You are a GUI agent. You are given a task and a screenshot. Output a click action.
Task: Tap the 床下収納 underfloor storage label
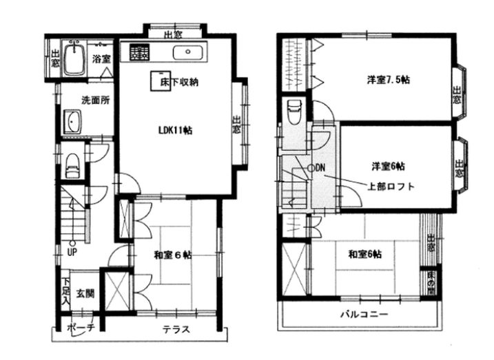point(180,82)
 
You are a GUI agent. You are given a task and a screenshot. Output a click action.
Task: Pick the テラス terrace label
point(176,329)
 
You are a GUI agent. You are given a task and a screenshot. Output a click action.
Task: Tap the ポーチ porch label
point(81,329)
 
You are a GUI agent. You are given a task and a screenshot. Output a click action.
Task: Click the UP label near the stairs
point(72,251)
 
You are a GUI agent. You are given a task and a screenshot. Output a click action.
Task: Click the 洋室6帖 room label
point(389,166)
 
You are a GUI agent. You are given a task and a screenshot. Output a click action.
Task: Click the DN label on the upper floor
point(320,168)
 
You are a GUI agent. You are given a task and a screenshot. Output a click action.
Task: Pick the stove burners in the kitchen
point(139,52)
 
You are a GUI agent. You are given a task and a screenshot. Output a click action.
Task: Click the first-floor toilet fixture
point(72,165)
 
